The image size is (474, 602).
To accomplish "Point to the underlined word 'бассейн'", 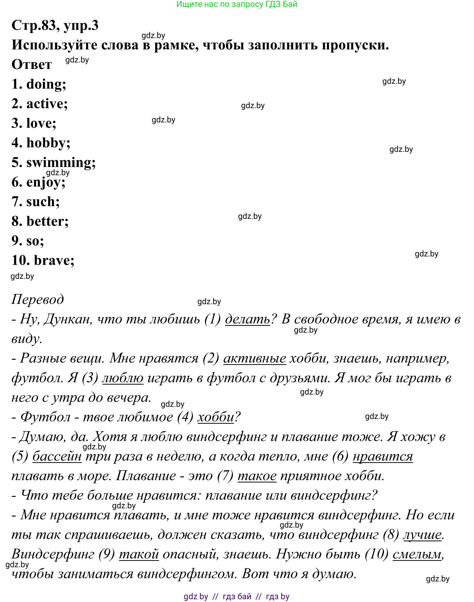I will [57, 456].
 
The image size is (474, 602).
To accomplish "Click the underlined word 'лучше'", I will [422, 534].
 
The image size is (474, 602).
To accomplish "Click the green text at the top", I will [237, 4].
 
